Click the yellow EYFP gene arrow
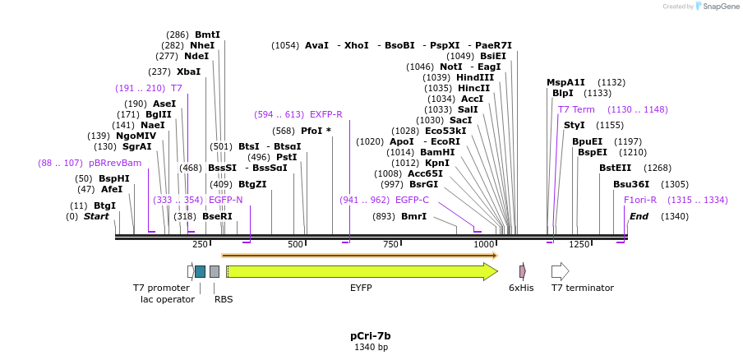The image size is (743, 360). [x=362, y=271]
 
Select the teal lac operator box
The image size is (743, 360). [x=200, y=271]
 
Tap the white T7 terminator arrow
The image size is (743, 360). [x=560, y=271]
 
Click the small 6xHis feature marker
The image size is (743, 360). [x=522, y=271]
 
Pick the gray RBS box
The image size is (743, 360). [x=215, y=271]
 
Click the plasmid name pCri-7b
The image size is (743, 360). [x=371, y=335]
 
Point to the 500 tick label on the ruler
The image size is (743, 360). [x=295, y=245]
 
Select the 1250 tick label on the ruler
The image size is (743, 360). [x=579, y=245]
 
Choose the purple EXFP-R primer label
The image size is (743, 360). [x=325, y=114]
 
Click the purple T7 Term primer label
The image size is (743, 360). [x=576, y=109]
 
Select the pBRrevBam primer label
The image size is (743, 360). [x=114, y=163]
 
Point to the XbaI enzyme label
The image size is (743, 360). [x=188, y=72]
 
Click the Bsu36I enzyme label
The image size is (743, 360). [x=631, y=184]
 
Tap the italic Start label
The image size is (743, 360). [x=96, y=216]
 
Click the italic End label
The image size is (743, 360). [x=639, y=216]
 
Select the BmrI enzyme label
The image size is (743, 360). [x=413, y=216]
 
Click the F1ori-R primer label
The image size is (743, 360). [x=640, y=200]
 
